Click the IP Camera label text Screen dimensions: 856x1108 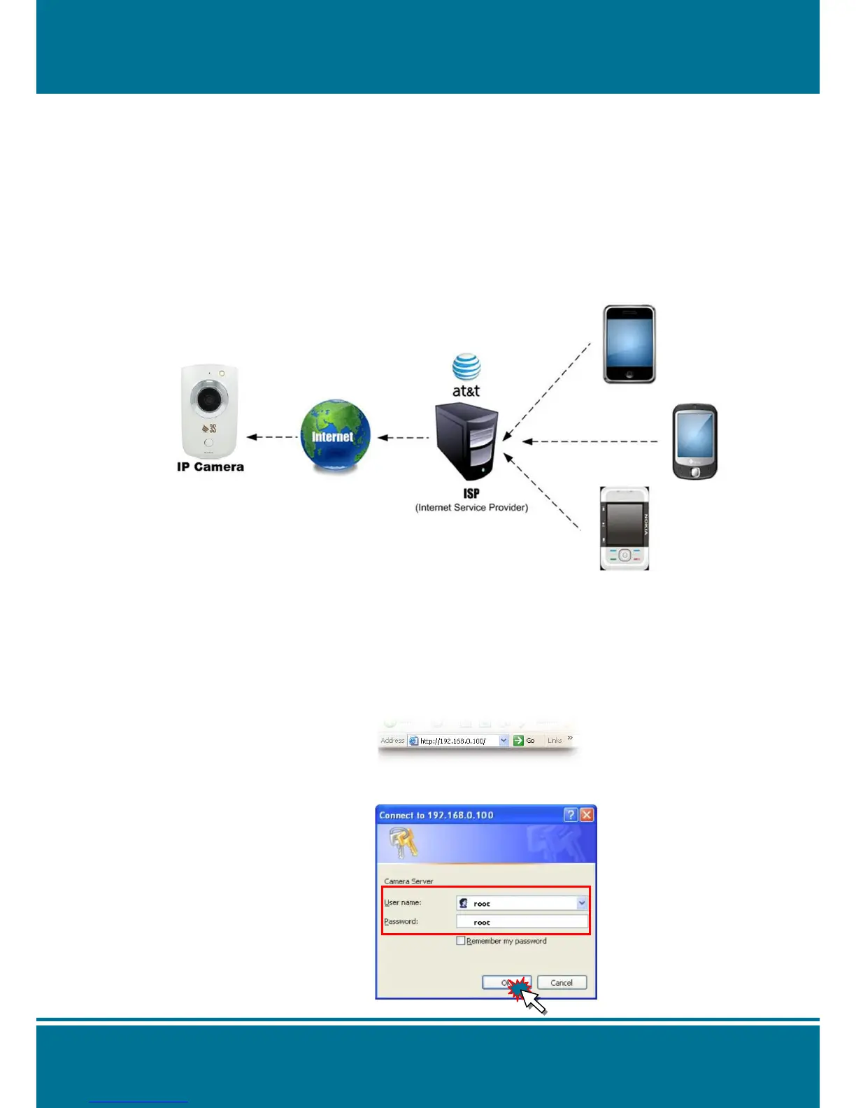[210, 467]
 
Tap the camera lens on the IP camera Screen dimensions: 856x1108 [208, 399]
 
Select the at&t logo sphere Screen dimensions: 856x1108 [466, 367]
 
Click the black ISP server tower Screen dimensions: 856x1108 [467, 441]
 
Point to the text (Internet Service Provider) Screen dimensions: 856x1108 [471, 507]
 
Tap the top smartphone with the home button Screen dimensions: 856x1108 [629, 344]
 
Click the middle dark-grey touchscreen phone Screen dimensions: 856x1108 [695, 441]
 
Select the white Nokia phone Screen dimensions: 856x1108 [625, 528]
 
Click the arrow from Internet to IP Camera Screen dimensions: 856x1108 [273, 437]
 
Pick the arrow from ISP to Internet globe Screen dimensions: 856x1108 [403, 438]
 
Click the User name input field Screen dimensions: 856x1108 [521, 903]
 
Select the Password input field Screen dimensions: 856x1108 [521, 922]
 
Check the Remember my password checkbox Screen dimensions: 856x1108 [461, 941]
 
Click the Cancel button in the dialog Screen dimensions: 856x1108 [562, 983]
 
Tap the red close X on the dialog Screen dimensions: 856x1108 [587, 815]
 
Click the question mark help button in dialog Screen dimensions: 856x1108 [571, 815]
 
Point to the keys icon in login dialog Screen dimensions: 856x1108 [404, 841]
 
